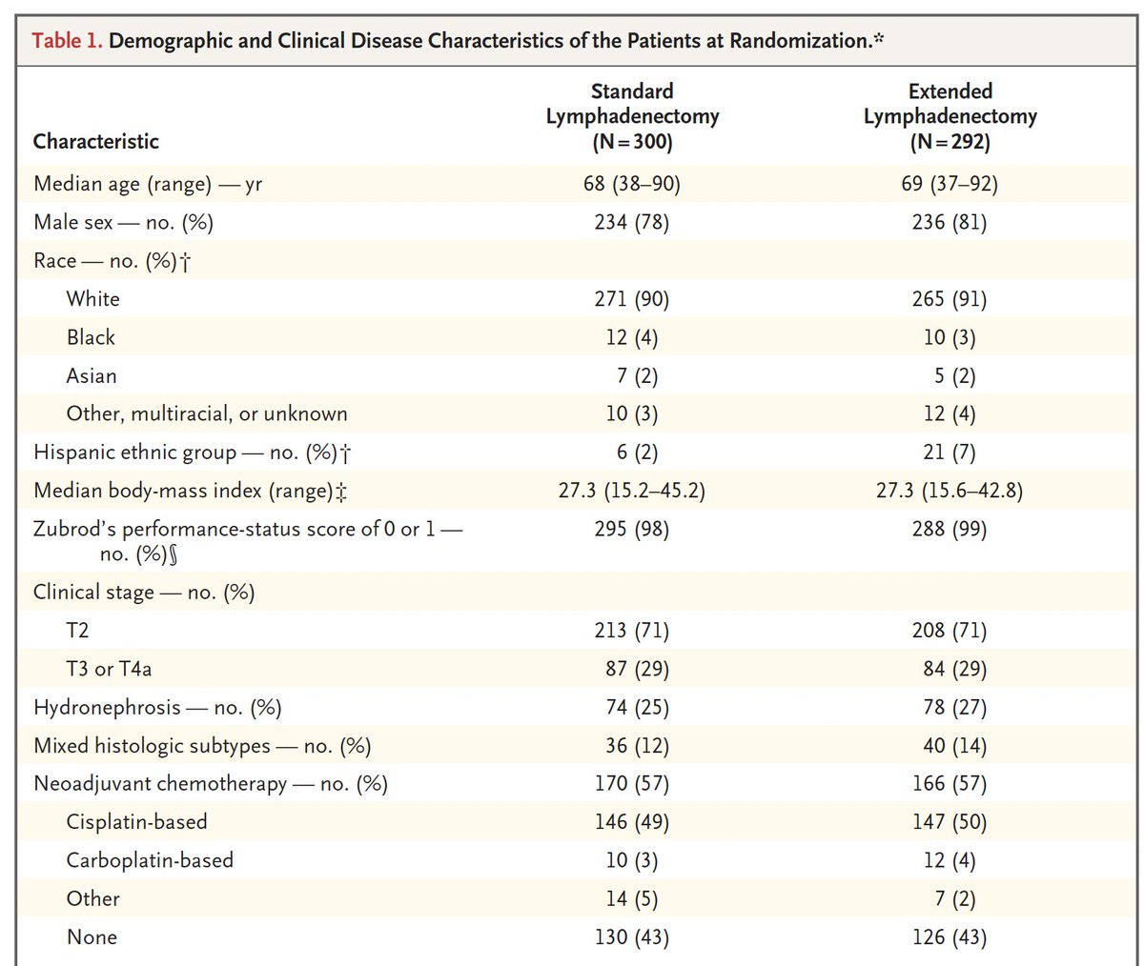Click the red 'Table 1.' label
[x=67, y=41]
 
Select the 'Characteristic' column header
[x=96, y=141]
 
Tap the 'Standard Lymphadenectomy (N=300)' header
[x=632, y=116]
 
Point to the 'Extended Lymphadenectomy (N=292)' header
[x=950, y=116]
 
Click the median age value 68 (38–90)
[x=632, y=184]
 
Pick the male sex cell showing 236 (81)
[x=950, y=222]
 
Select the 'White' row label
[x=92, y=299]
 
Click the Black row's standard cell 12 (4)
[x=632, y=337]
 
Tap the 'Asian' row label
[x=92, y=375]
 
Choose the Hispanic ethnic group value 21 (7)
[x=950, y=453]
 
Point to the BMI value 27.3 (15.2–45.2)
[x=632, y=491]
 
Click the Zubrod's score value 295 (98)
[x=632, y=529]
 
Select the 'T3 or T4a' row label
[x=109, y=669]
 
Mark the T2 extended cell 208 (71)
[x=950, y=631]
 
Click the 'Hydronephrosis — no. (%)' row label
[x=157, y=708]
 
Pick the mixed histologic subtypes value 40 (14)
[x=955, y=746]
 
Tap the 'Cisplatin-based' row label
[x=137, y=822]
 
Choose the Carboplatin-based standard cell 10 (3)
[x=632, y=860]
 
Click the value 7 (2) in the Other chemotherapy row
[x=955, y=898]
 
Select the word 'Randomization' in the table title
[x=801, y=41]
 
